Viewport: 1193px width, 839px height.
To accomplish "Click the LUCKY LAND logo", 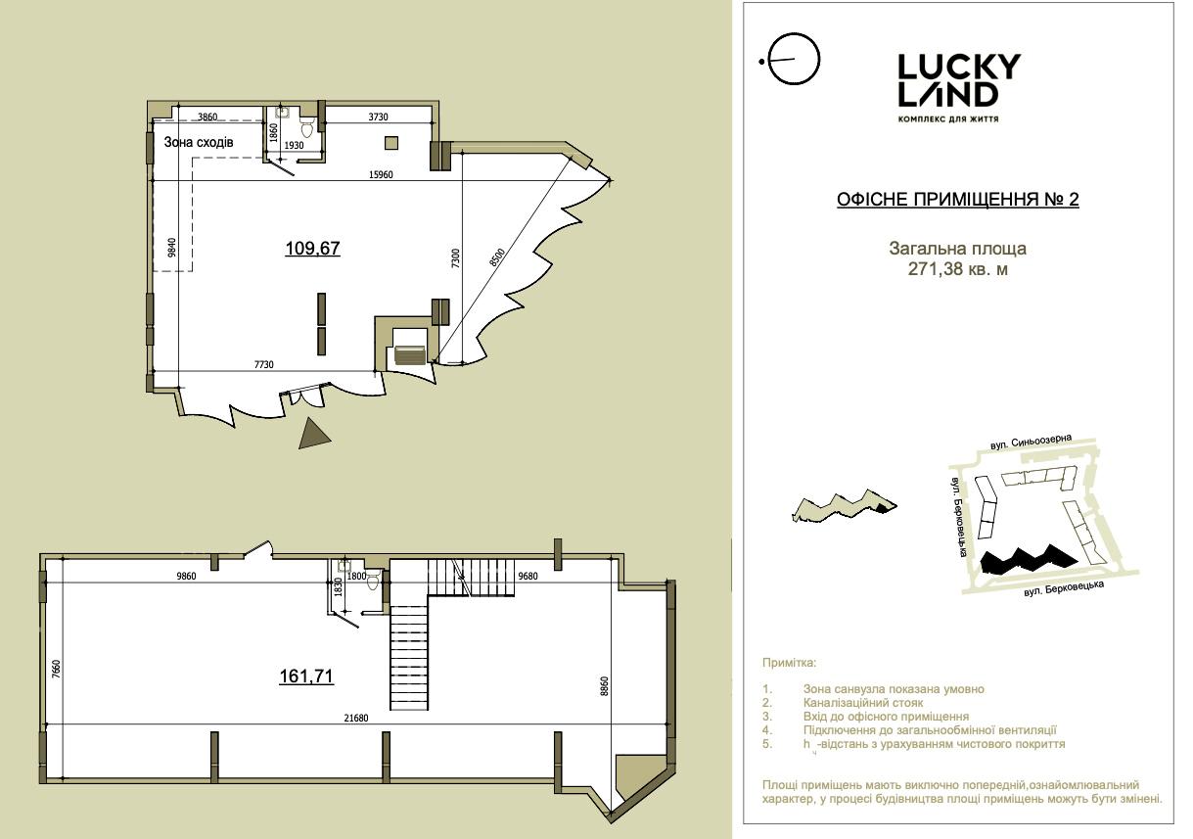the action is tap(958, 88).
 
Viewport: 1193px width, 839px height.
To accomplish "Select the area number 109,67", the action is tap(312, 249).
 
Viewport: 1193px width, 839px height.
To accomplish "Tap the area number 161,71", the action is tap(306, 676).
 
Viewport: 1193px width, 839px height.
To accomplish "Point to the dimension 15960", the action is tap(381, 174).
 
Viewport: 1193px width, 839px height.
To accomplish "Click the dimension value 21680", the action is tap(356, 718).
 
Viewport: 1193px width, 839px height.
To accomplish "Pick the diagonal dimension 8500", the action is tap(496, 257).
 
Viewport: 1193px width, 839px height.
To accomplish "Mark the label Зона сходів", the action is tap(198, 142).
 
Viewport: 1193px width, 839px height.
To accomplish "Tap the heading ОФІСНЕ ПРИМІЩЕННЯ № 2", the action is tap(957, 200).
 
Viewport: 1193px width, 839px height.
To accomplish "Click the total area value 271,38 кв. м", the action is tap(957, 269).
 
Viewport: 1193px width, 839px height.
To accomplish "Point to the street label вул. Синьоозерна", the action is tap(1031, 443).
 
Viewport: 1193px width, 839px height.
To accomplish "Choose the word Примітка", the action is tap(789, 663).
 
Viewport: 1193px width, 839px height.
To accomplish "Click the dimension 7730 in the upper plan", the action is tap(263, 364).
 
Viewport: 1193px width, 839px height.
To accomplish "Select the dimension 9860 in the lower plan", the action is tap(186, 576).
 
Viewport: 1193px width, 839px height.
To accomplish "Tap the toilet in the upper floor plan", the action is tap(308, 127).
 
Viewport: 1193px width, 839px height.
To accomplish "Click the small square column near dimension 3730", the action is tap(391, 143).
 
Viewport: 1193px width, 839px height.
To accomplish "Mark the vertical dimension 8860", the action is tap(604, 686).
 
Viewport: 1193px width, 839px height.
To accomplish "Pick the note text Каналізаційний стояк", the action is tap(863, 703).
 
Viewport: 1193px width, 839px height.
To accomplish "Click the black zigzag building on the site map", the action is tap(1029, 560).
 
